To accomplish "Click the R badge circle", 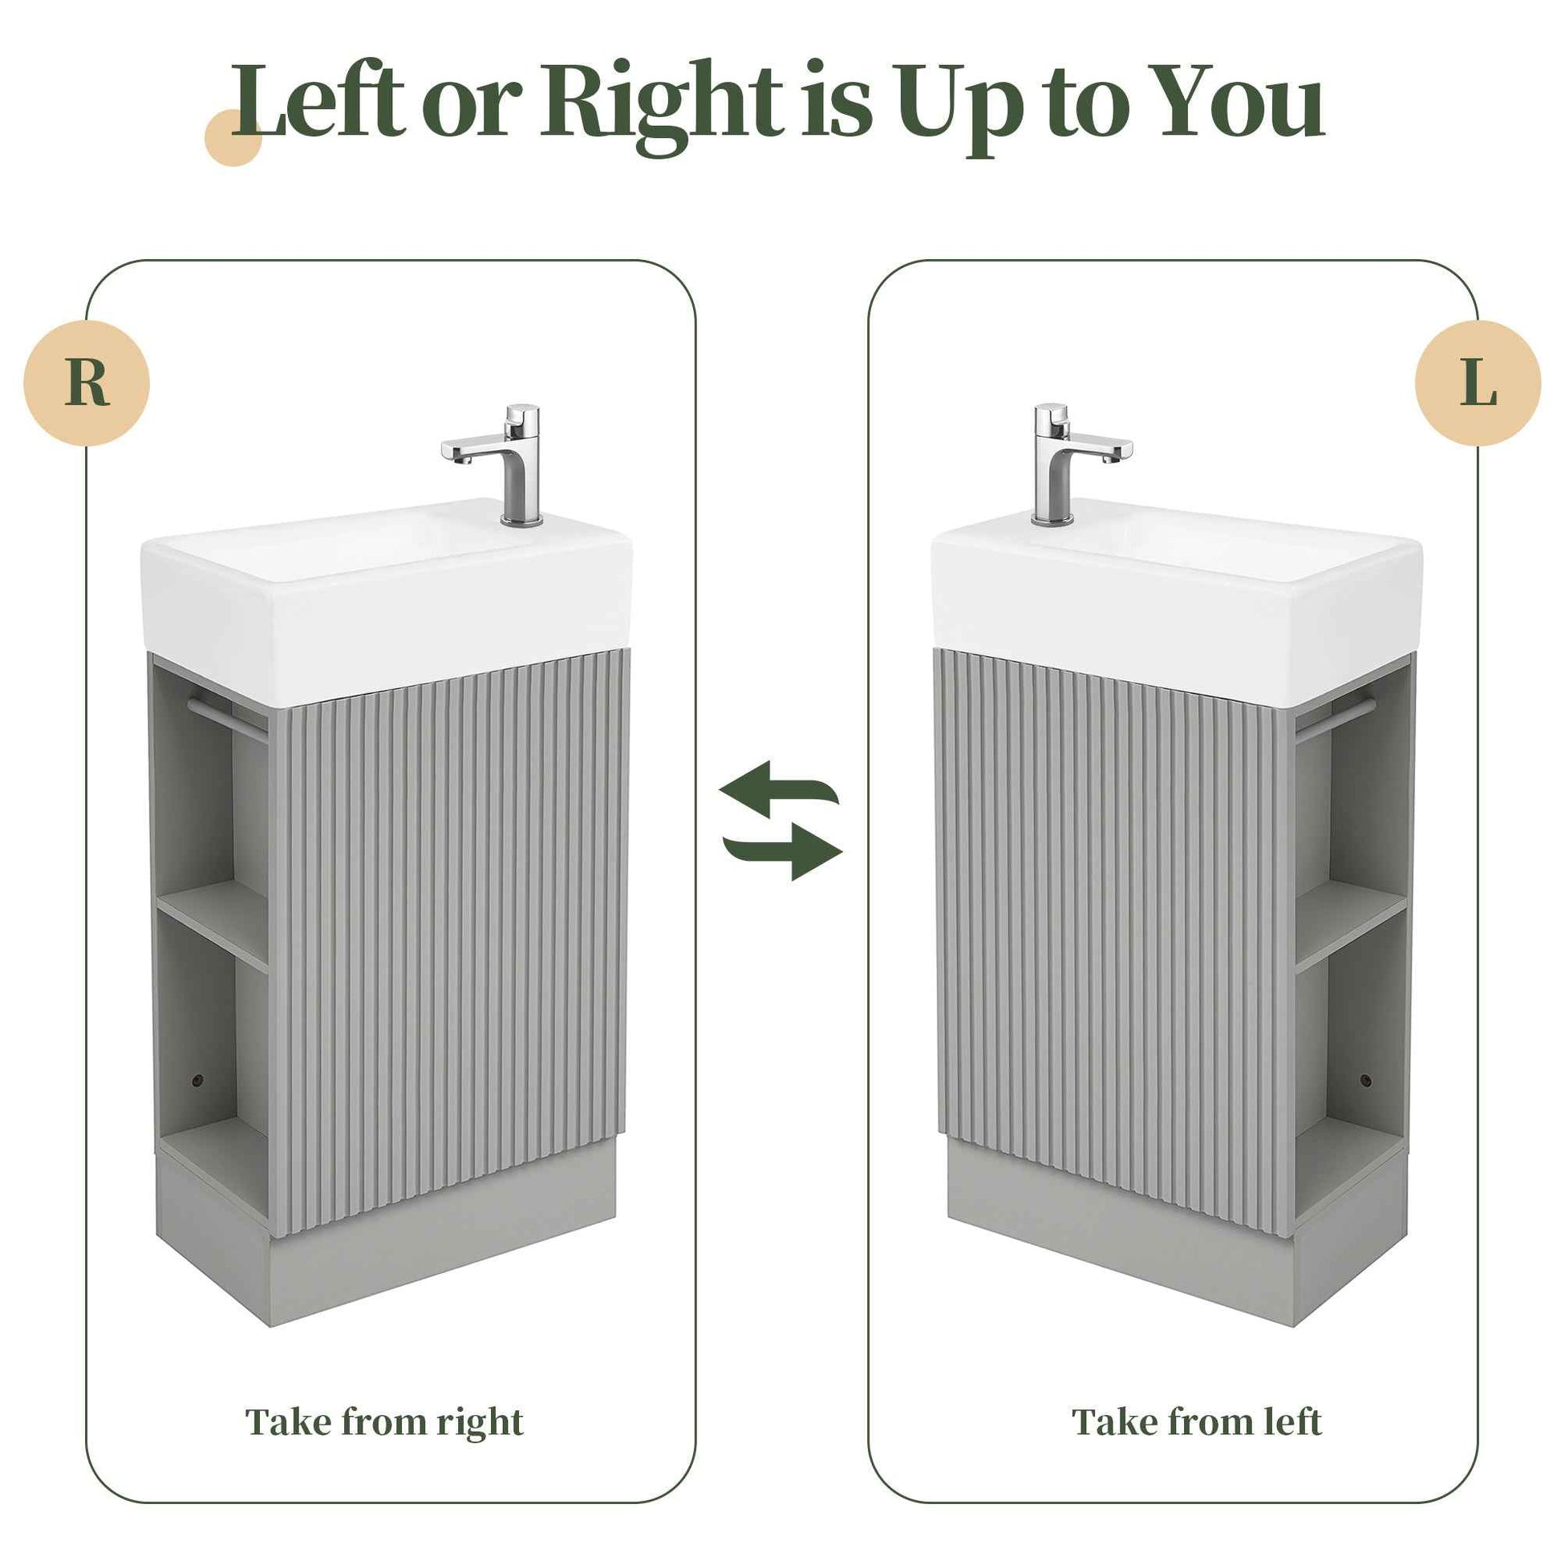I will [x=87, y=382].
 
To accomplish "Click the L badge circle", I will [x=1478, y=382].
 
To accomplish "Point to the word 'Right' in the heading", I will [x=663, y=103].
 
